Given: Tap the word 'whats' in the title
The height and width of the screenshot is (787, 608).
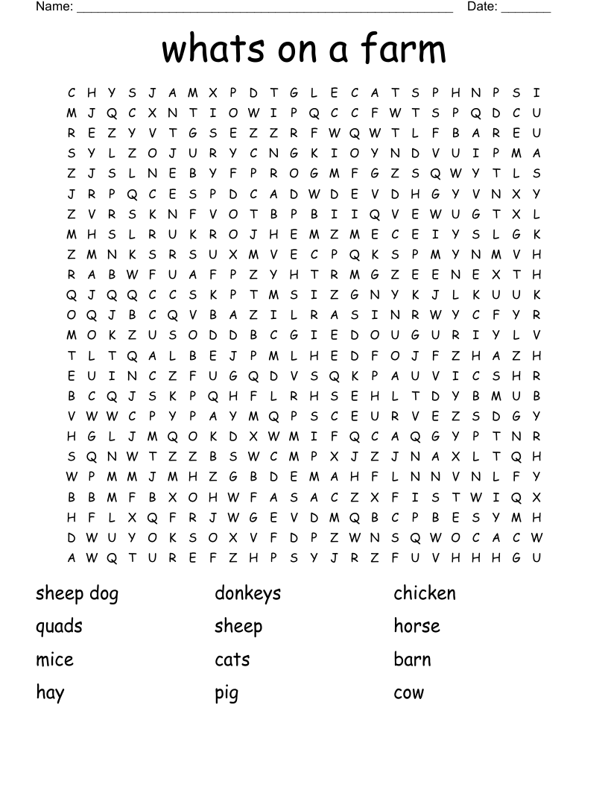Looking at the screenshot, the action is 213,50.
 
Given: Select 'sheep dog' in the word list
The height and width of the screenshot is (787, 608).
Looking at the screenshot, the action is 77,594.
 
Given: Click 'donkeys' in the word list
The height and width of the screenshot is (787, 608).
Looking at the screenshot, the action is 247,594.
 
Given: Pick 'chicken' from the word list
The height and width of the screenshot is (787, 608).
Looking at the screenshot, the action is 424,593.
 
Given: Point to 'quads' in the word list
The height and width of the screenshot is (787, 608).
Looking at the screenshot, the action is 59,627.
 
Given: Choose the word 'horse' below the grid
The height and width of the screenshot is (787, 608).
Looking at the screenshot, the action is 417,626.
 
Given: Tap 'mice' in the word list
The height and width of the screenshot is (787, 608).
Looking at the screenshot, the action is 54,660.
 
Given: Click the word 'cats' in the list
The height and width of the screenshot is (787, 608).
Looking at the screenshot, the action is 232,660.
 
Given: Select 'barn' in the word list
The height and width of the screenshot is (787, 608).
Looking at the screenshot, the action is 412,660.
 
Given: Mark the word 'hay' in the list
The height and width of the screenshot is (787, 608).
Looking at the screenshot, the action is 50,693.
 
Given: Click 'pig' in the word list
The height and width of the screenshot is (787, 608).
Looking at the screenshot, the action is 227,694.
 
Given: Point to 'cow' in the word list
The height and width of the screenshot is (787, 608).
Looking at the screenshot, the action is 408,693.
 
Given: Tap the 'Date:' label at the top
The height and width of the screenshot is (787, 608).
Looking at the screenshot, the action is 482,7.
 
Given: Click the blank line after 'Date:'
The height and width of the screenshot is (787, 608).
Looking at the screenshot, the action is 526,10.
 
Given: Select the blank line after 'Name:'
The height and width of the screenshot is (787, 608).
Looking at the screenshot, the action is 265,10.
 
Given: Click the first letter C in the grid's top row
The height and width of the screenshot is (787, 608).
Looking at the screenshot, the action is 72,93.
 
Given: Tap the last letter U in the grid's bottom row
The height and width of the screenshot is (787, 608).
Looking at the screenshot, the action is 536,557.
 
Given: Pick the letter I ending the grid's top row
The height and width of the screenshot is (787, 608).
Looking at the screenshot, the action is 536,93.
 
